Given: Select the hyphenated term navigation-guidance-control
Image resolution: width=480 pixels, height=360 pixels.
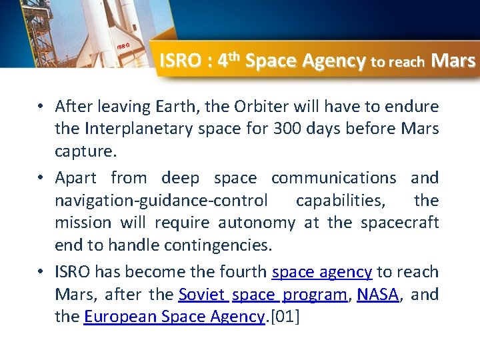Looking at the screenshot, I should click(161, 201).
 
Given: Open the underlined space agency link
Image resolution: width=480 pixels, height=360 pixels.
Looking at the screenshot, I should click(322, 272).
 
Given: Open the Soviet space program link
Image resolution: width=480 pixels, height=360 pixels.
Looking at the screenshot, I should click(263, 295).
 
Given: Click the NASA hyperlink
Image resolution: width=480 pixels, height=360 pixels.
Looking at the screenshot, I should click(378, 295).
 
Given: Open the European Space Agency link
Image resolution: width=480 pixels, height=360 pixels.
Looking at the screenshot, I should click(175, 317).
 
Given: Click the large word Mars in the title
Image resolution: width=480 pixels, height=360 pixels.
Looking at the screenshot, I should click(453, 61).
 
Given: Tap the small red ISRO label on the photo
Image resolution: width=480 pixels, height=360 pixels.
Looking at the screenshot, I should click(123, 46).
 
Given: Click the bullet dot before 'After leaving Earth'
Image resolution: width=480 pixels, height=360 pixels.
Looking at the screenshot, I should click(41, 107).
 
